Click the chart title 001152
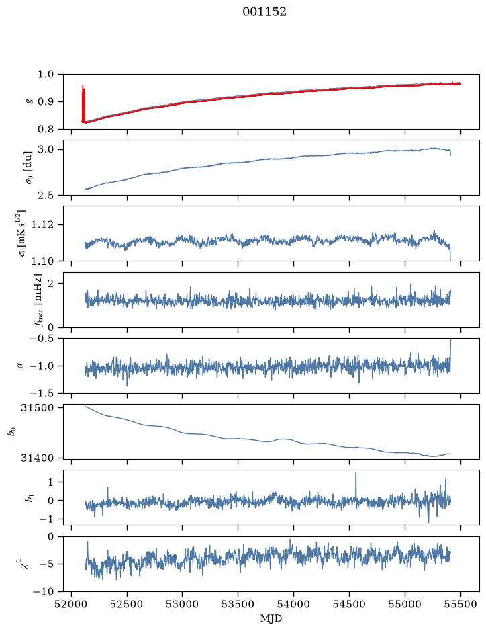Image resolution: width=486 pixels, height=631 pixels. tap(264, 12)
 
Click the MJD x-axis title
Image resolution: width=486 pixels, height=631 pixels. tap(271, 618)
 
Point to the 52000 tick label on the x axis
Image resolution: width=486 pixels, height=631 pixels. tap(72, 604)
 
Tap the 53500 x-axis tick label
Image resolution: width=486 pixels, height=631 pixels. tap(238, 604)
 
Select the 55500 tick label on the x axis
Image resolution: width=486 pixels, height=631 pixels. tap(460, 604)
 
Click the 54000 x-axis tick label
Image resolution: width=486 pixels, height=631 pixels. tap(293, 604)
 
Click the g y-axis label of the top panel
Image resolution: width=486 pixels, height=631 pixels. tap(29, 102)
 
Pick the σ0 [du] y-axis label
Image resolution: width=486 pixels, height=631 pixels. tap(29, 168)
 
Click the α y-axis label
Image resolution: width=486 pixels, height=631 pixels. tap(20, 366)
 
